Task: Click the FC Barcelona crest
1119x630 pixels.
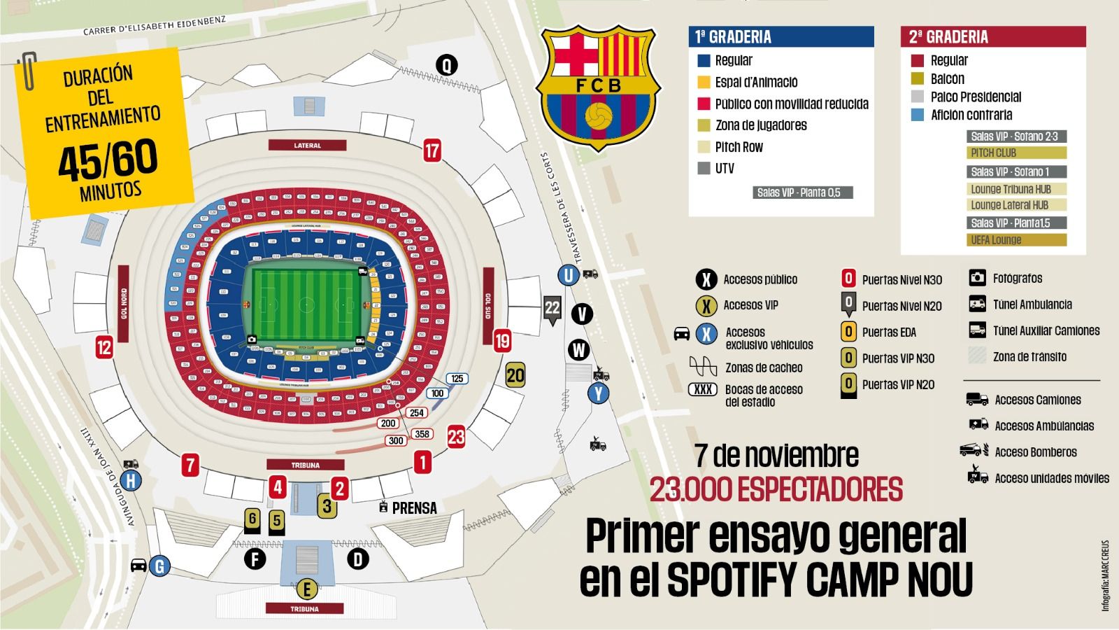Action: [597, 87]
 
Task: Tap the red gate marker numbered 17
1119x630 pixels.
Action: [432, 150]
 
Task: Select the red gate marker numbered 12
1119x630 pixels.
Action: [104, 347]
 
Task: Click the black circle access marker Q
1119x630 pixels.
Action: [446, 65]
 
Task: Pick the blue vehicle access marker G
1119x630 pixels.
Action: [159, 566]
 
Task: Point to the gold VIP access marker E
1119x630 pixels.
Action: [306, 589]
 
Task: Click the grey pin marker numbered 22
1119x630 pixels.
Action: [553, 307]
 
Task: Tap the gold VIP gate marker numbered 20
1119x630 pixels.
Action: [515, 375]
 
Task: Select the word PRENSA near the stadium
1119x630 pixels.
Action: [414, 508]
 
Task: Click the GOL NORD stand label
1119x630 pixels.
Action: [124, 303]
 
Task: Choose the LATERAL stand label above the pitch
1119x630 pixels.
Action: [307, 145]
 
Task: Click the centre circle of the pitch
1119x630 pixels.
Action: [306, 304]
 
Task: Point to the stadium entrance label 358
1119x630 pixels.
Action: [422, 434]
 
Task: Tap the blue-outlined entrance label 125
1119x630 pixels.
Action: [457, 379]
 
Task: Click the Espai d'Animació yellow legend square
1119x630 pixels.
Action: [704, 82]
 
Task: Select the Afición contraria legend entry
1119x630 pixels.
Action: [971, 115]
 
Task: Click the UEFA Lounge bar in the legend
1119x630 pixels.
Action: [1017, 240]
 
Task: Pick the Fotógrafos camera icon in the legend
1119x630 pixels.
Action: [977, 278]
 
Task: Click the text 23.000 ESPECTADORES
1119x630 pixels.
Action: [776, 489]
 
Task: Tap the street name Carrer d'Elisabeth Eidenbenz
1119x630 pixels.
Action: [155, 26]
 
